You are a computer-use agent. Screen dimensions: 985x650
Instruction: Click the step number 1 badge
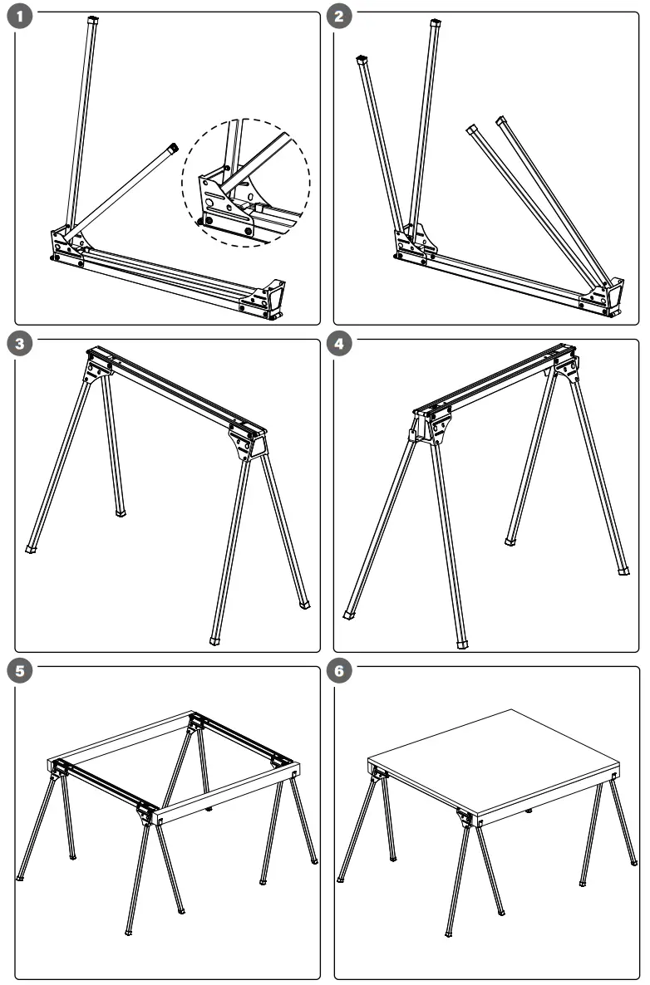(x=18, y=17)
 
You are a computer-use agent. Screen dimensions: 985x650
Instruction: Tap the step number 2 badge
(x=337, y=17)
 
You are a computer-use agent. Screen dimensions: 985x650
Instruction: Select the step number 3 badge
(x=18, y=345)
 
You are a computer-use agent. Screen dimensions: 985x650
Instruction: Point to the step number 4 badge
(x=337, y=345)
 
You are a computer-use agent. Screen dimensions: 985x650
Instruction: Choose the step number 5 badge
(x=18, y=671)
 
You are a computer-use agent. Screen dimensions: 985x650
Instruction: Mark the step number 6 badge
(x=337, y=671)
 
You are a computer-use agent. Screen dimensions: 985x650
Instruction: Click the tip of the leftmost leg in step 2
(x=362, y=60)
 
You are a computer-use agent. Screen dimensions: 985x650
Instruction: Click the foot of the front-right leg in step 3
(x=214, y=640)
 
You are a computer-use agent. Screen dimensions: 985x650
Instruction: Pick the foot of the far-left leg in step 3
(x=32, y=548)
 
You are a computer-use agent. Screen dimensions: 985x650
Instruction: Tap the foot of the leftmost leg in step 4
(x=348, y=615)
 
